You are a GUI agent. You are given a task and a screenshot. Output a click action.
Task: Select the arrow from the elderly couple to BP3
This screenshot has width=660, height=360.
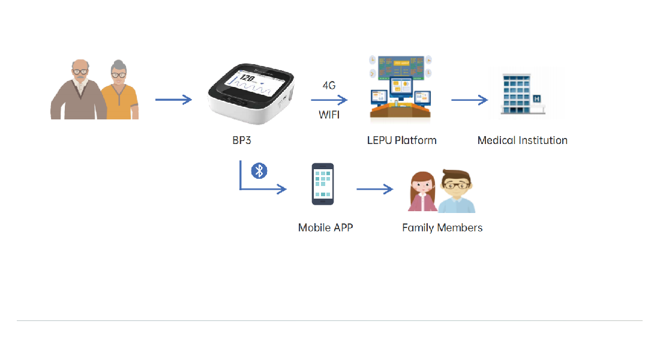pos(173,100)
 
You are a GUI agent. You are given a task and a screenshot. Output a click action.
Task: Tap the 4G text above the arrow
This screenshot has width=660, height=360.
pos(329,85)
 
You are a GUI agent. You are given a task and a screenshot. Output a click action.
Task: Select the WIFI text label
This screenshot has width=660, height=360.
pos(329,115)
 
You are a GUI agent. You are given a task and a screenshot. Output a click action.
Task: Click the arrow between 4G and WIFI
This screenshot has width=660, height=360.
pos(329,100)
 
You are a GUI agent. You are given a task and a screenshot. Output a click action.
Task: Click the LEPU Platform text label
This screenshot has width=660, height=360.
pos(401,140)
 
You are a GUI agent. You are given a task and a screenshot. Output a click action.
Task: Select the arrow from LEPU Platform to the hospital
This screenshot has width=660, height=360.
pos(469,100)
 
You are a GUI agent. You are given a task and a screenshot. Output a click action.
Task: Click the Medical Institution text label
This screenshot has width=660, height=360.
pos(522,140)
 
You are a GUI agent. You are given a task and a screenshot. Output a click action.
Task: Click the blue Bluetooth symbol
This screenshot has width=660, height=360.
pos(259,170)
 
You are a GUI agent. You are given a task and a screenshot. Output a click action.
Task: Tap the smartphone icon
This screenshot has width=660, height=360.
pos(323,184)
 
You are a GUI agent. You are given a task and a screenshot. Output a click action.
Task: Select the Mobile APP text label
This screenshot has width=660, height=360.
pos(325,228)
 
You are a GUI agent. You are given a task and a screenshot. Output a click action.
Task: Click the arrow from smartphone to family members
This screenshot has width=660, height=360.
pos(374,190)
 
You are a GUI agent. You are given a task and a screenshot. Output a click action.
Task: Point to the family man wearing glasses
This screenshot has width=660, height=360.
pos(456,192)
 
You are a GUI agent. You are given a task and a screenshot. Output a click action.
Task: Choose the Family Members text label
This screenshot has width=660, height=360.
pos(442,228)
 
